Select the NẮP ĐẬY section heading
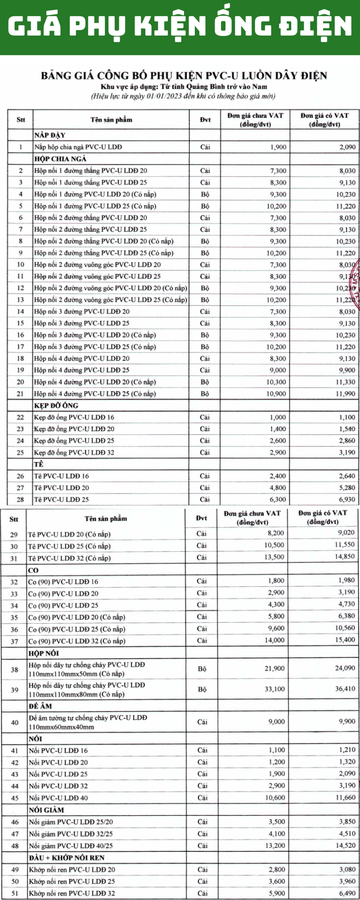[x=49, y=135]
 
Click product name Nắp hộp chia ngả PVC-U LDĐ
[x=78, y=147]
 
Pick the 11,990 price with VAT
[x=346, y=394]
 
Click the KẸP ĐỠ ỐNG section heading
[x=56, y=405]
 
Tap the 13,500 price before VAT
[x=274, y=557]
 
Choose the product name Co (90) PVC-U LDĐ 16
[x=63, y=581]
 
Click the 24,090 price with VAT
[x=345, y=668]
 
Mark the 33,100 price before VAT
[x=274, y=689]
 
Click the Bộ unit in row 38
[x=202, y=669]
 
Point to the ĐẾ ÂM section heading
[x=40, y=706]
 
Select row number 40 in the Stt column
[x=14, y=722]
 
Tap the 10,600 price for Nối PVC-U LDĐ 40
[x=275, y=797]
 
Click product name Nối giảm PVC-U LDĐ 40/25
[x=71, y=846]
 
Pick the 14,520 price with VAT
[x=345, y=845]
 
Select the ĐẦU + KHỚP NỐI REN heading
[x=66, y=858]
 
